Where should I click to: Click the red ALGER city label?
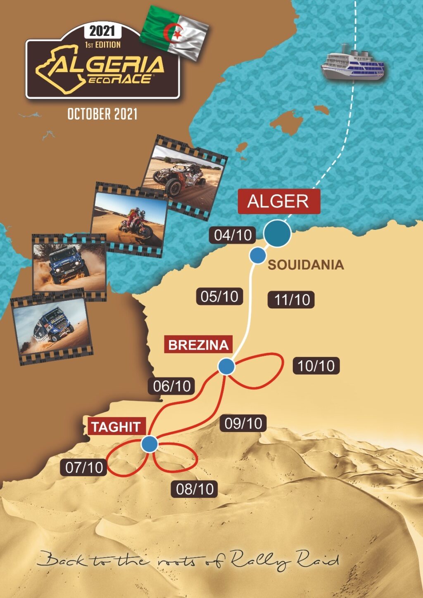279,201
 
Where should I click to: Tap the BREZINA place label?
198,345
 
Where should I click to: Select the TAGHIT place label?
116,427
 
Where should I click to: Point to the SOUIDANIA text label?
306,265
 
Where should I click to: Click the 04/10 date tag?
233,235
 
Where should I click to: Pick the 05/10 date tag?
219,296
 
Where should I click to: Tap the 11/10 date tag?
292,300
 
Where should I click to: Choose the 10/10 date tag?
316,366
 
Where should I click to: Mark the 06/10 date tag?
172,386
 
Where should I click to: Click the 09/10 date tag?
243,423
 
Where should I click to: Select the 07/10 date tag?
84,467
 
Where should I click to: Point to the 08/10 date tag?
195,489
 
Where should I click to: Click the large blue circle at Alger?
277,233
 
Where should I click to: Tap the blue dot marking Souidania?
257,256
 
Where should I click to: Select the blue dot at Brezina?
226,366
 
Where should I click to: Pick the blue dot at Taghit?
149,444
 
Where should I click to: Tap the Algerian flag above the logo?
175,32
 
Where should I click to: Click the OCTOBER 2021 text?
102,114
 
